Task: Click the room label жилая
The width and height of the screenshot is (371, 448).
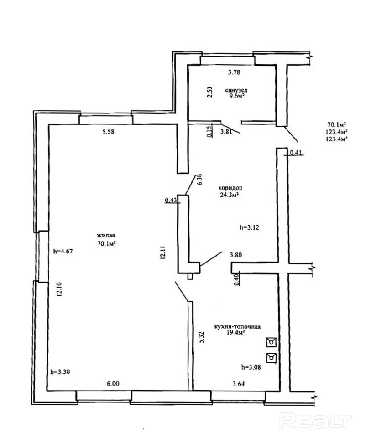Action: pos(106,236)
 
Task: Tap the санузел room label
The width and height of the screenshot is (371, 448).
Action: pos(236,90)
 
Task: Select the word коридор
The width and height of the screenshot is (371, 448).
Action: pos(230,188)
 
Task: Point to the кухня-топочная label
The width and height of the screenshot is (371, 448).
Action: pos(237,327)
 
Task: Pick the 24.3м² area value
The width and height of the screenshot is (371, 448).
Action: pos(229,195)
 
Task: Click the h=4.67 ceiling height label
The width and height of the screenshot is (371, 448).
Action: pos(63,252)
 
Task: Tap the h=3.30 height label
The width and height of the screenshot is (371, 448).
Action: pos(60,372)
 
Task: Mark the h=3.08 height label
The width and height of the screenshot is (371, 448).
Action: pos(251,367)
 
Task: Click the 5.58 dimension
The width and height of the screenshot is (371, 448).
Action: pos(108,132)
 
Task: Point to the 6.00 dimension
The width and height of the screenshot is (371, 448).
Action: pos(113,384)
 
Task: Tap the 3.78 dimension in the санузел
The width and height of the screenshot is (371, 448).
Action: pos(234,72)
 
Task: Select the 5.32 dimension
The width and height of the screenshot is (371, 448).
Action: pos(202,337)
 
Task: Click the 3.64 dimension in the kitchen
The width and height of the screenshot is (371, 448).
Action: pos(239,384)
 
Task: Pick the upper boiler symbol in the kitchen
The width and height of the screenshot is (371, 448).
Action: pos(271,342)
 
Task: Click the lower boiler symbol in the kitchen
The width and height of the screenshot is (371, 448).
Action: pos(271,358)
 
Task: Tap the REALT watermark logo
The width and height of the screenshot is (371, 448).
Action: pos(315,421)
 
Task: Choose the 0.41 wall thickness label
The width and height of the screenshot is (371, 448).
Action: pos(296,153)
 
